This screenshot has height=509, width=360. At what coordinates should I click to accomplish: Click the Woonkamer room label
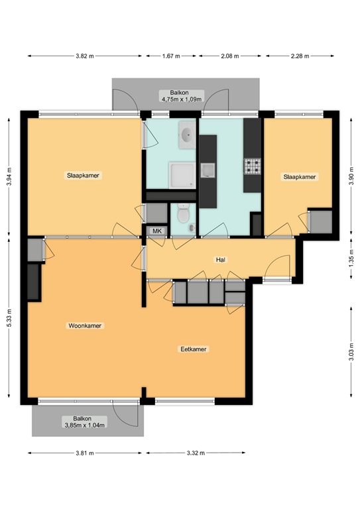pos(88,326)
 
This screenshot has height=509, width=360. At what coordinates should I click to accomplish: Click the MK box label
pos(157,231)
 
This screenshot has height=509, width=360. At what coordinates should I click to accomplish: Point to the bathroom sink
pos(185,137)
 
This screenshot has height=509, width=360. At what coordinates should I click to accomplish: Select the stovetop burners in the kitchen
pos(252,166)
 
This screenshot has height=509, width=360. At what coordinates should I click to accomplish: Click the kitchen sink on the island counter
pos(209,170)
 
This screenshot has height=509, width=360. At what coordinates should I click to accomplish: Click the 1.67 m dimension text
pos(172,56)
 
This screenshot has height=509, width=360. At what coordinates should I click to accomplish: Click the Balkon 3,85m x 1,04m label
pos(84,422)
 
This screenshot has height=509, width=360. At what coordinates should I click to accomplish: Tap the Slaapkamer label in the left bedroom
pos(83,176)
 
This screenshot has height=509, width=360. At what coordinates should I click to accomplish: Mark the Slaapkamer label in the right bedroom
pos(300,177)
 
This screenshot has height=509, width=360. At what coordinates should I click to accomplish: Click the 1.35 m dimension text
pos(351,257)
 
